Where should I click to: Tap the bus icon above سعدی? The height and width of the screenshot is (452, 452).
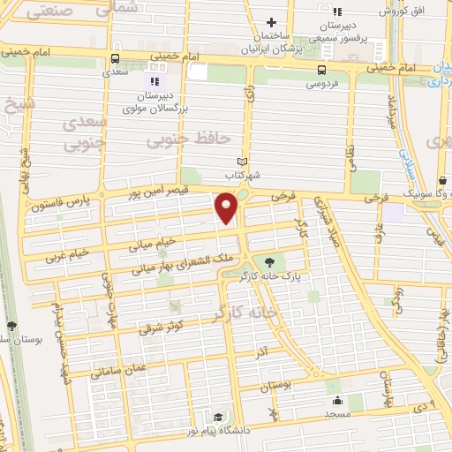click(x=114, y=60)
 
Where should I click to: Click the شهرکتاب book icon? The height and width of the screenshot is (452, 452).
click(x=242, y=162)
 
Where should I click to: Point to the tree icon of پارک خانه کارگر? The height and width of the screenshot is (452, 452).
click(x=269, y=262)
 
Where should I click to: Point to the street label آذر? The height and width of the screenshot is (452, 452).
click(x=264, y=351)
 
